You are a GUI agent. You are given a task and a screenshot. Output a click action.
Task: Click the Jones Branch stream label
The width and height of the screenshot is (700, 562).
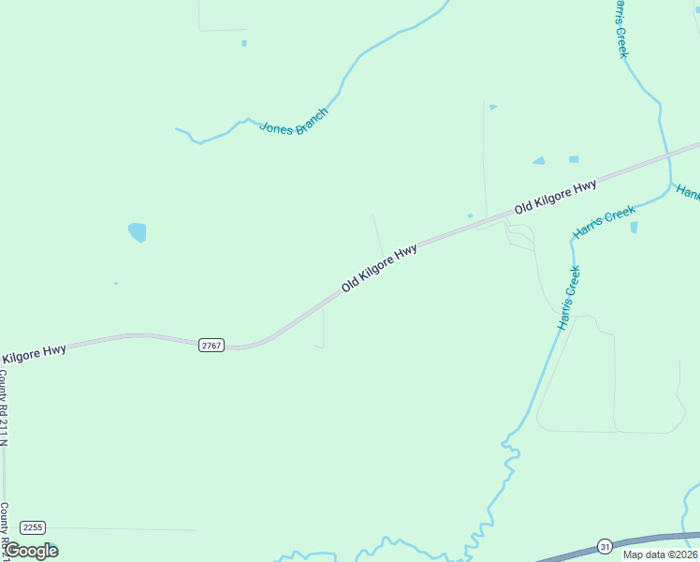pos(294,122)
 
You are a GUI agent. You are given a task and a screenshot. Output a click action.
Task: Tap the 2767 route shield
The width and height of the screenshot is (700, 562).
pos(211,346)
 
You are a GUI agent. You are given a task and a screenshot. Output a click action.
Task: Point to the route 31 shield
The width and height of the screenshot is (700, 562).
pos(605,545)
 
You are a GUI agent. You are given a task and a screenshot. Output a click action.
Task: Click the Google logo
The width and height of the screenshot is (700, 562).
pos(31,551)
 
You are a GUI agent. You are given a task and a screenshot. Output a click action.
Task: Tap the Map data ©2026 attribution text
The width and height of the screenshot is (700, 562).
pos(660,555)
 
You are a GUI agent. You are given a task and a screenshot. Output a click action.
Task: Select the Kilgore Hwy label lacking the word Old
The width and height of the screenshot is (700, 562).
pos(34,354)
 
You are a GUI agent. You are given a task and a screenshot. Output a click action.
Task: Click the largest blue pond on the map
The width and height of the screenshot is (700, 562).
pos(138,231)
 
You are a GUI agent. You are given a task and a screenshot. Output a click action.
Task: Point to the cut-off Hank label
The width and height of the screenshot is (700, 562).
pos(688,192)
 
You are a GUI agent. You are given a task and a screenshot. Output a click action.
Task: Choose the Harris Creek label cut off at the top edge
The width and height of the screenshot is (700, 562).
pos(620,28)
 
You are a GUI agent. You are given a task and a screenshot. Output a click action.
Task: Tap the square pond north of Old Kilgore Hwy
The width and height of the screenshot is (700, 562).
pos(574,159)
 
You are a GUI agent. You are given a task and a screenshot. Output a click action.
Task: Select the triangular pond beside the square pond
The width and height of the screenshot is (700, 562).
pos(539,161)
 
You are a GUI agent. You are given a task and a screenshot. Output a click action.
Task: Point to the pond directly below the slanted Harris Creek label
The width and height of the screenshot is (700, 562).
pos(634,228)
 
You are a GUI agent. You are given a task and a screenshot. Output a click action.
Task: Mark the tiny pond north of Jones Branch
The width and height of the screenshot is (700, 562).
pos(244,43)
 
